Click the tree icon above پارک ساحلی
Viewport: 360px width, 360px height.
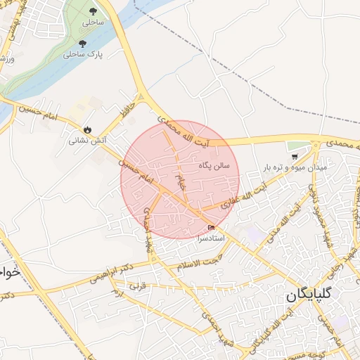[x=83, y=44]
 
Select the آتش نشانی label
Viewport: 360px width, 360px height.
[x=87, y=140]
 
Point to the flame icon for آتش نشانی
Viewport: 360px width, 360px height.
[x=87, y=129]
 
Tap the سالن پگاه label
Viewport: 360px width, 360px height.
[x=215, y=164]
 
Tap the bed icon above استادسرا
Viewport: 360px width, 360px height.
[x=212, y=227]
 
